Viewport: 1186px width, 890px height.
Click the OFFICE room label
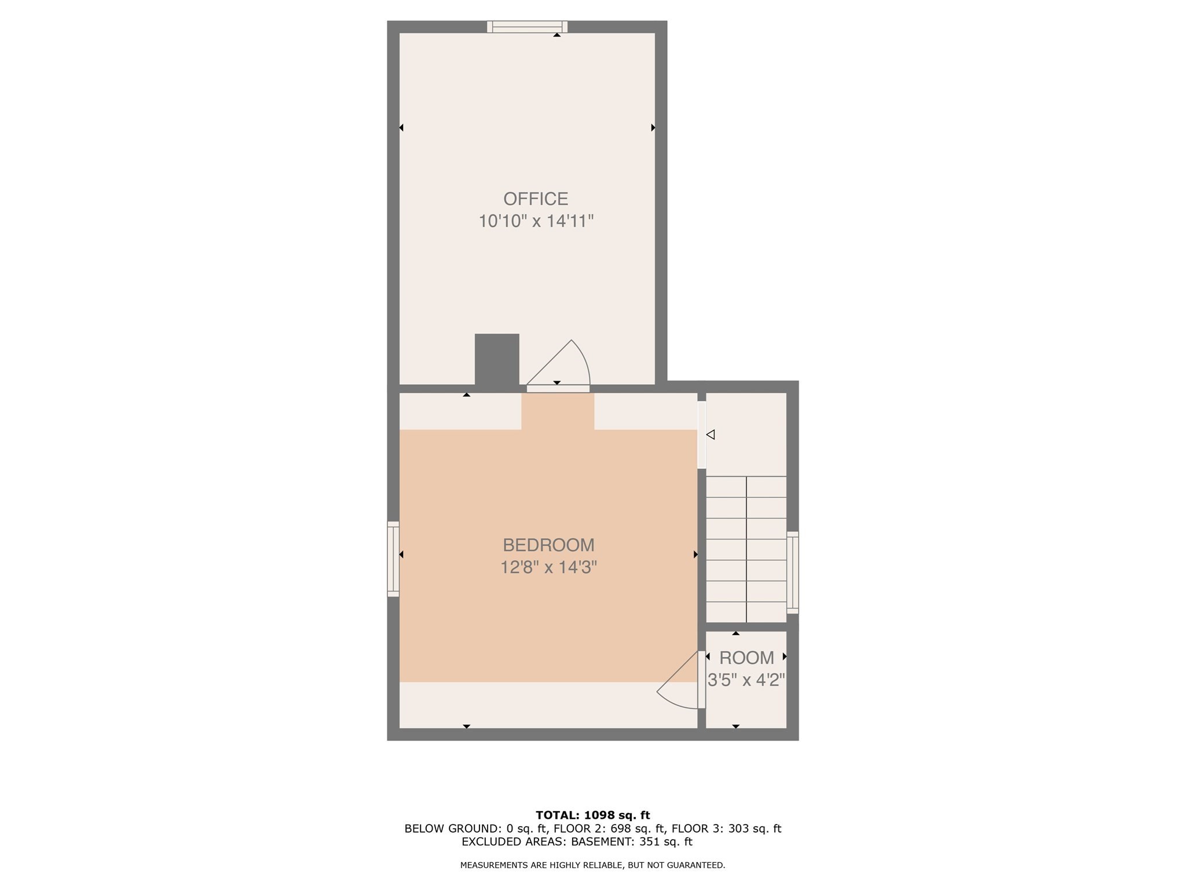(535, 199)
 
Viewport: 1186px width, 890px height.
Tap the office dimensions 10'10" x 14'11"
(536, 221)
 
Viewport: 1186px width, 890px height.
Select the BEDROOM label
(548, 545)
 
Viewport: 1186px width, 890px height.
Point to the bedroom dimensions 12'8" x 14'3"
(548, 567)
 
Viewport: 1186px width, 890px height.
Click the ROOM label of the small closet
(746, 658)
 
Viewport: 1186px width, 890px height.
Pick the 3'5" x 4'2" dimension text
(746, 679)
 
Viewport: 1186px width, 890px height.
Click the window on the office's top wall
(527, 27)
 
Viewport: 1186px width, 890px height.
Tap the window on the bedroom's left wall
(393, 559)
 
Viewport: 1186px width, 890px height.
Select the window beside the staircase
(792, 572)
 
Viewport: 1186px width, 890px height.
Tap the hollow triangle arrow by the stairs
(711, 434)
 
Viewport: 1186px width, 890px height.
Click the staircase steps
(746, 549)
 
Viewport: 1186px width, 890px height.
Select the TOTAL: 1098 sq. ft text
(592, 815)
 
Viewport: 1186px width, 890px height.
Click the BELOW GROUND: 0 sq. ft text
(475, 829)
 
